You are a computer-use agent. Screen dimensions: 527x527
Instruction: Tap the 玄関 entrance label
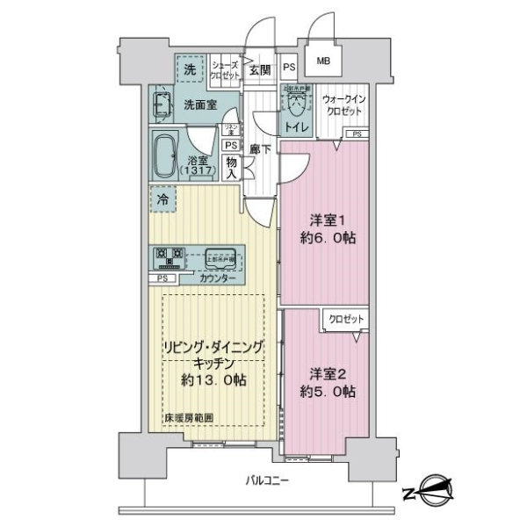258,71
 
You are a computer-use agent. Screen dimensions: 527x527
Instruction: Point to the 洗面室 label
200,105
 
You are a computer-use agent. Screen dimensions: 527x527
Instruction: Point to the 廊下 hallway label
258,149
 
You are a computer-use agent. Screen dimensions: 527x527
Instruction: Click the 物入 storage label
230,167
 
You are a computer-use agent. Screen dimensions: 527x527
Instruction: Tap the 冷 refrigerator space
162,199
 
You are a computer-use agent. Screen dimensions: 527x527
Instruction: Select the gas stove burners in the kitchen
168,257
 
